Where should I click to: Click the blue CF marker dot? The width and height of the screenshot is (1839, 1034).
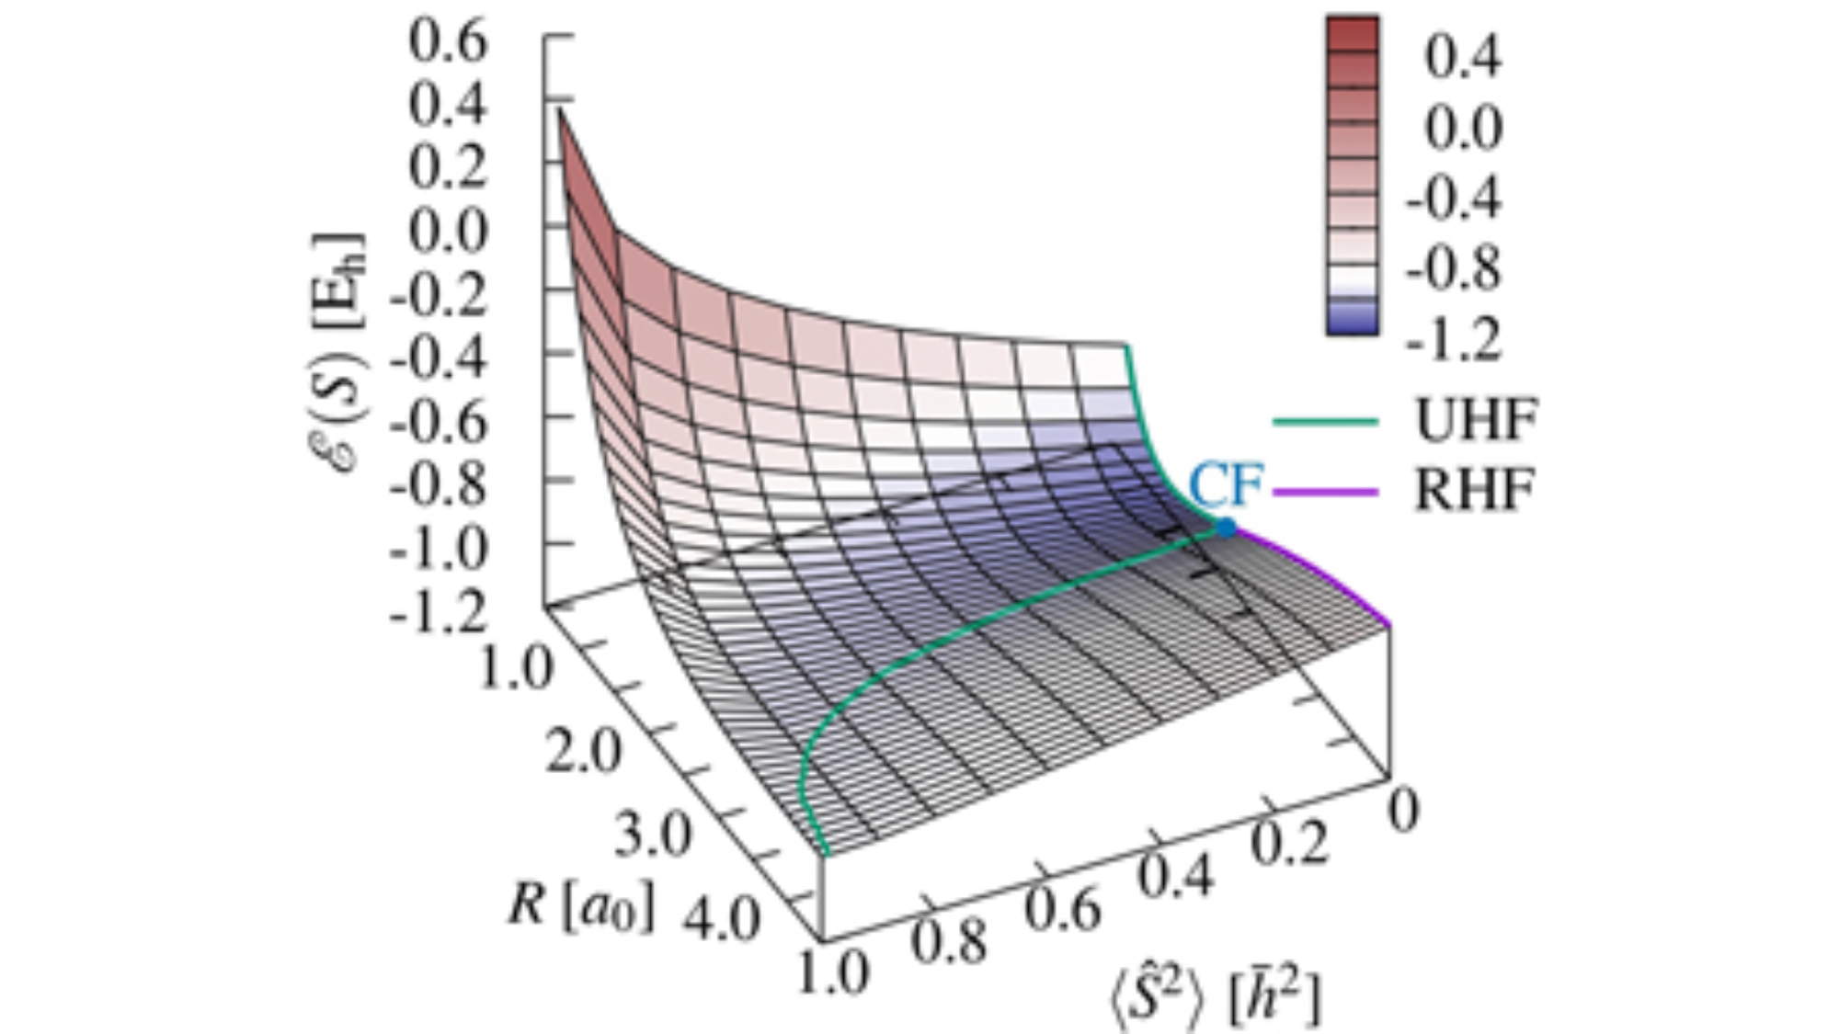(x=1226, y=528)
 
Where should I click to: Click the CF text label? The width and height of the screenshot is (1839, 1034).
(x=1226, y=483)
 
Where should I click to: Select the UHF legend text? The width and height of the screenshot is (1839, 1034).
(x=1475, y=421)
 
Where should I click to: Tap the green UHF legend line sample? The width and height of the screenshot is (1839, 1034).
(x=1325, y=423)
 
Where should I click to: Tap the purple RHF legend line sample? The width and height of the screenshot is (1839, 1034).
(x=1325, y=492)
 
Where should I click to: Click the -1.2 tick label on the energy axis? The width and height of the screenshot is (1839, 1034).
(x=438, y=610)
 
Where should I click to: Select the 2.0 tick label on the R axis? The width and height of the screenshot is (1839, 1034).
(x=584, y=752)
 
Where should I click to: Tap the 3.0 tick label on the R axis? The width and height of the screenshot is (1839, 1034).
(x=652, y=835)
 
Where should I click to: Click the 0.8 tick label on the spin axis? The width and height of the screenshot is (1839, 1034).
(x=949, y=941)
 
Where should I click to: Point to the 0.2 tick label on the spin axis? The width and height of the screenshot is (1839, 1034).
(x=1290, y=842)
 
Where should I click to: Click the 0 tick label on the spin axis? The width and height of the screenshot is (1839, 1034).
(x=1403, y=811)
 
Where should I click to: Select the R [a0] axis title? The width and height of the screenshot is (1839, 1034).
(x=581, y=906)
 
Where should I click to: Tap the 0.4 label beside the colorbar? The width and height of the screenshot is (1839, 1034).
(x=1462, y=56)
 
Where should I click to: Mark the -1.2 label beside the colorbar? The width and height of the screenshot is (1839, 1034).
(x=1454, y=338)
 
